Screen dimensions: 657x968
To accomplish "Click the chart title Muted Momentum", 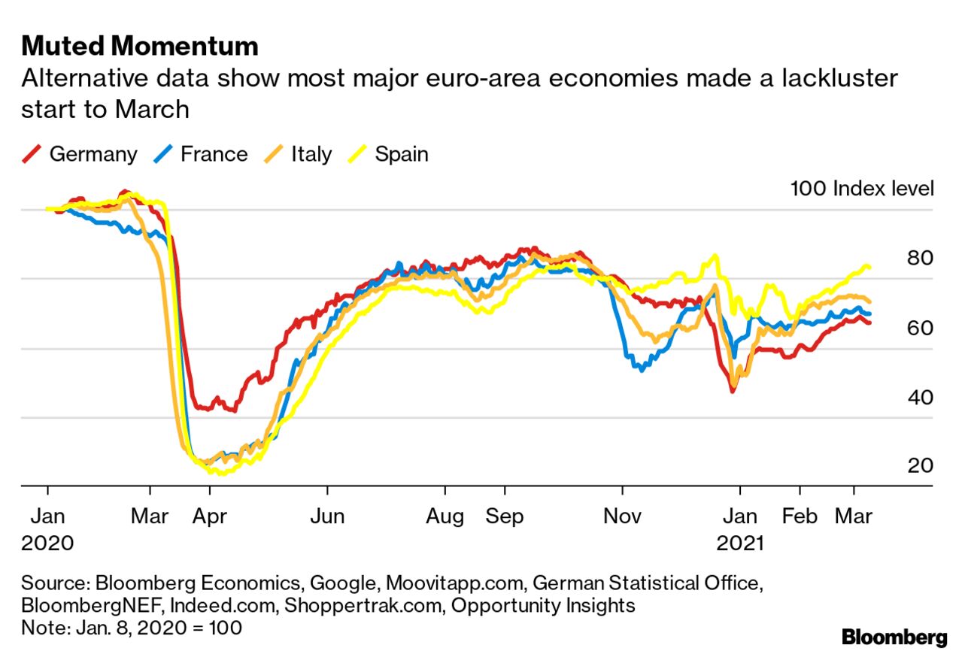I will [x=140, y=47].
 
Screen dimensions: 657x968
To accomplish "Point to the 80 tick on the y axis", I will [x=921, y=258].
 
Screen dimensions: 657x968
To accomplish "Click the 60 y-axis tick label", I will [x=921, y=328].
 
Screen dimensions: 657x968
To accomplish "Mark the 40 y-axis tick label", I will [x=921, y=397].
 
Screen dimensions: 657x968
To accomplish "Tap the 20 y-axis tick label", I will [x=921, y=466].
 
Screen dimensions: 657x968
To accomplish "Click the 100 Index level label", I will [x=862, y=188].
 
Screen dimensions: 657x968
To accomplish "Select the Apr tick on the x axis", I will [x=210, y=517].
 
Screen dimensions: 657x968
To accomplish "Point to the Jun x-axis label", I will [x=327, y=517].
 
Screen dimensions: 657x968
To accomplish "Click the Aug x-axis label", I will [x=445, y=517].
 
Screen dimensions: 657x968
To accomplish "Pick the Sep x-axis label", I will [x=504, y=517].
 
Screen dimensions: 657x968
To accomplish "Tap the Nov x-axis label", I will [x=622, y=517].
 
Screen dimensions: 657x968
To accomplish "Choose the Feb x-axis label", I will [x=799, y=517].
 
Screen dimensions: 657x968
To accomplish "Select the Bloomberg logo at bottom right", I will [x=894, y=637].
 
